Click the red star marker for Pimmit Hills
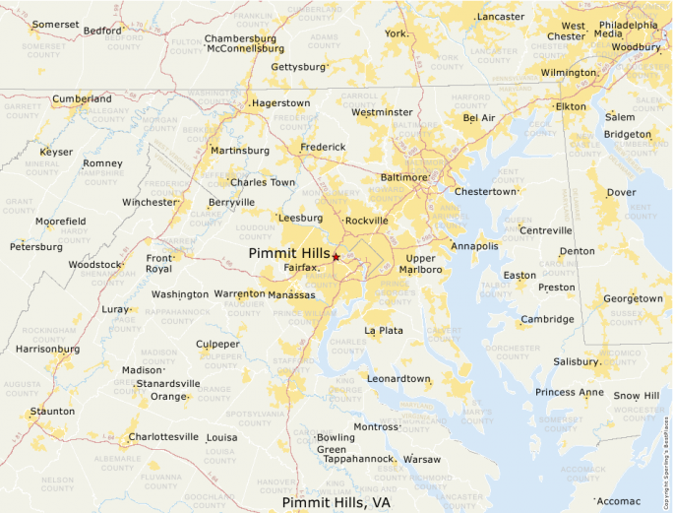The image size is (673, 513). point(336,256)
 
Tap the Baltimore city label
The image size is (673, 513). point(403,177)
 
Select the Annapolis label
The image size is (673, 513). point(474,246)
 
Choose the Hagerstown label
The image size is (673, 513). point(280,102)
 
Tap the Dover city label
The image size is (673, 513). point(621,193)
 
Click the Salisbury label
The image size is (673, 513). point(575,361)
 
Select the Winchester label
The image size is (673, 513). point(149,202)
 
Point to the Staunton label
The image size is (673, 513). point(52,411)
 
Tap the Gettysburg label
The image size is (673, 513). point(297,67)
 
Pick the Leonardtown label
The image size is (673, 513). point(398,378)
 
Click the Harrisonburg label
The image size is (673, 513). point(47,349)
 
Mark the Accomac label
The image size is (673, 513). point(618,500)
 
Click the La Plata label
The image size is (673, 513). point(384,331)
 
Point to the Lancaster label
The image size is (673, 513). point(500,17)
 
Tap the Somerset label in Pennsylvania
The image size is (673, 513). point(54,24)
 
